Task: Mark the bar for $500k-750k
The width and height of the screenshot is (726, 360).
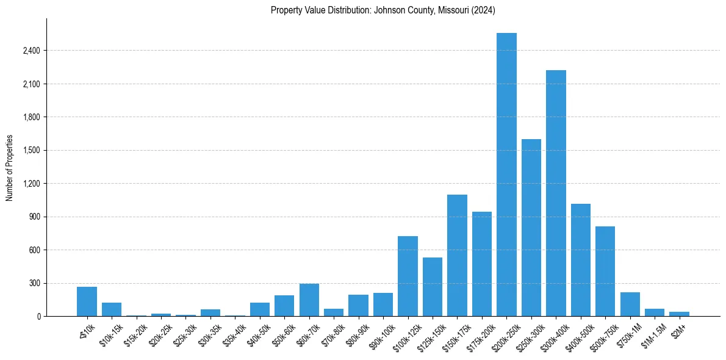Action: [605, 271]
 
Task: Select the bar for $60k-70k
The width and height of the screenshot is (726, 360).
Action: [309, 300]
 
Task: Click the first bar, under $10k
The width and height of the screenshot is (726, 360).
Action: [87, 301]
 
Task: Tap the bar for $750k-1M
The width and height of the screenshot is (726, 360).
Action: [630, 304]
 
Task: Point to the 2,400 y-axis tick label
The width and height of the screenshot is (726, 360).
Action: [31, 51]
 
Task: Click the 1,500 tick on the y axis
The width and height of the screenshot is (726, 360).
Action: [31, 150]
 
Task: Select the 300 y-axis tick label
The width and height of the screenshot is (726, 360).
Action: [34, 283]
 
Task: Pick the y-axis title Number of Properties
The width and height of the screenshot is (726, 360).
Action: [9, 168]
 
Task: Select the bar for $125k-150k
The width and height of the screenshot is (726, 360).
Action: [433, 287]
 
